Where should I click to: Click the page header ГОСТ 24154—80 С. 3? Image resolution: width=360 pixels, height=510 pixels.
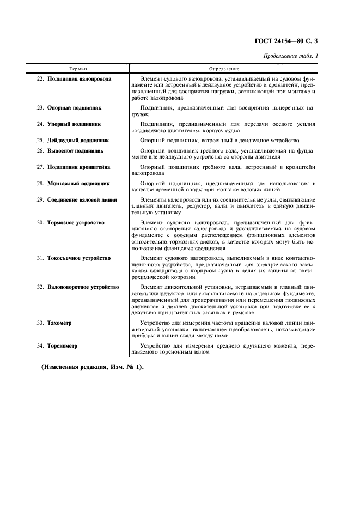[294, 41]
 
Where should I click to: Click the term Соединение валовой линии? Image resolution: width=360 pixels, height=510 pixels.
[82, 199]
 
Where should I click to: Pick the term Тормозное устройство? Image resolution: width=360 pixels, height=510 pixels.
[76, 222]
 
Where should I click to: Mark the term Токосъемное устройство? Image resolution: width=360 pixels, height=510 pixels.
[79, 258]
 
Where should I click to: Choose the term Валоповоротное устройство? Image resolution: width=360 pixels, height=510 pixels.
[83, 286]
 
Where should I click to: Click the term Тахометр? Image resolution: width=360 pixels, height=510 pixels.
[59, 323]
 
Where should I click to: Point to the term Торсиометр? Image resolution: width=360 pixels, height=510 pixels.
[62, 345]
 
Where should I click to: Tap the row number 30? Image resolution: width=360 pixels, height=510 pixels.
[40, 222]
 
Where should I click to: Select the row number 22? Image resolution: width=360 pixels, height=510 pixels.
[40, 78]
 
